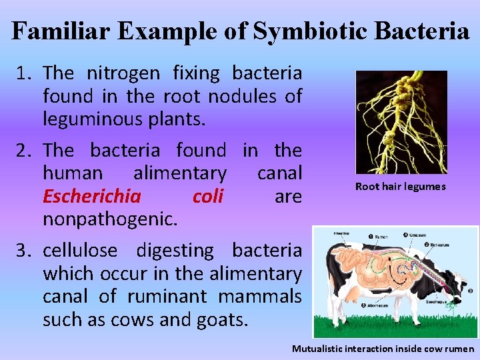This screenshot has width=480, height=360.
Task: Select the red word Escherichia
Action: [x=91, y=197]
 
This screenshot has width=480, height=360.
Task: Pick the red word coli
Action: [x=207, y=197]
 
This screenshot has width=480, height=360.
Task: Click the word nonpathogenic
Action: [x=110, y=219]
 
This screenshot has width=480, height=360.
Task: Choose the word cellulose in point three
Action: [x=80, y=251]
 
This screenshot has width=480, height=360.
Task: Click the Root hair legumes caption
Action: [x=400, y=187]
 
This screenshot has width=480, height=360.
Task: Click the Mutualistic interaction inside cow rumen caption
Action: [x=383, y=349]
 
